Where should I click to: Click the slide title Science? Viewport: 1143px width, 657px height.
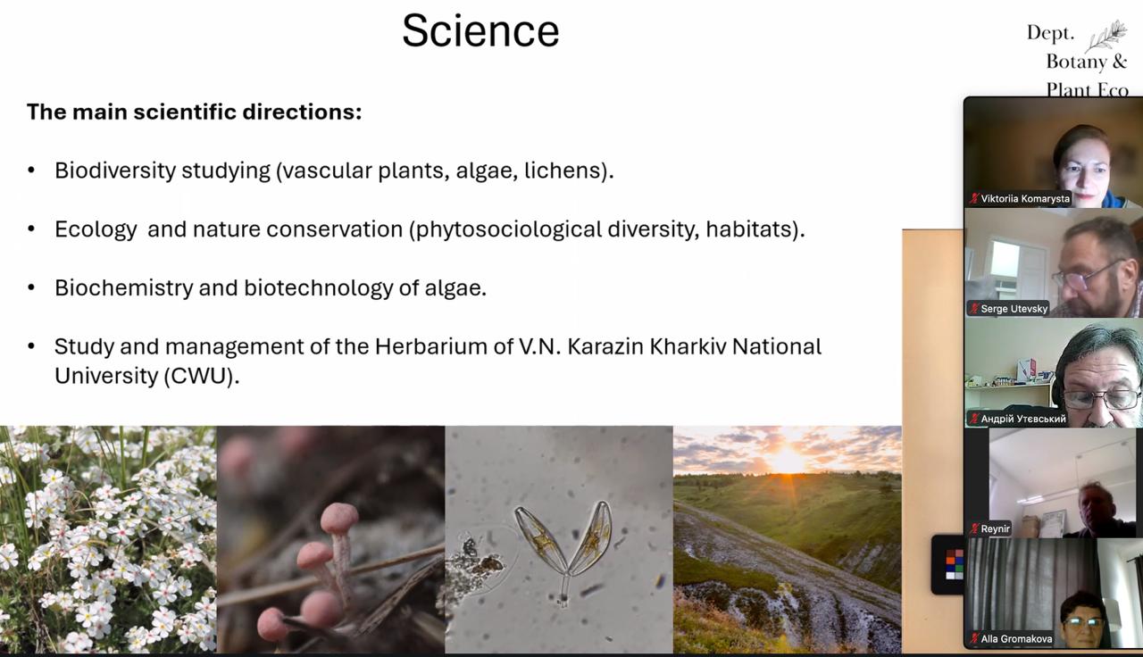pyautogui.click(x=480, y=31)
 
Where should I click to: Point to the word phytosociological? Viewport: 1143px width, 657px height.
pyautogui.click(x=509, y=229)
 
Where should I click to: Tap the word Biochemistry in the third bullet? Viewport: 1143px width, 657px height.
pyautogui.click(x=124, y=287)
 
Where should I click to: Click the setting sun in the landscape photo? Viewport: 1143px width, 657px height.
pyautogui.click(x=788, y=459)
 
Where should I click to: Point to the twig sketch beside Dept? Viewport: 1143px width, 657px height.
pyautogui.click(x=1105, y=36)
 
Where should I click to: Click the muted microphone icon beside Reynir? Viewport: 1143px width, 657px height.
pyautogui.click(x=974, y=529)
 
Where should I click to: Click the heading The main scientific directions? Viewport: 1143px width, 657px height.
pyautogui.click(x=194, y=112)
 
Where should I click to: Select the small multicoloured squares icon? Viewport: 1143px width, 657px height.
pyautogui.click(x=954, y=564)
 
